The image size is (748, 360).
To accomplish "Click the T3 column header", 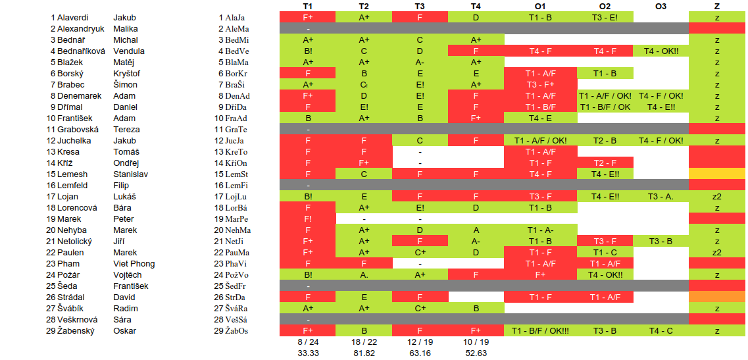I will [x=420, y=6].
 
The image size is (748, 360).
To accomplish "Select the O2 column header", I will [x=605, y=6].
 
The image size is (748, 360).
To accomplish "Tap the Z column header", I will [x=716, y=6].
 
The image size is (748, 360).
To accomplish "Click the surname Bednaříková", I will [x=82, y=51].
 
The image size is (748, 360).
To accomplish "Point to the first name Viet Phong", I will [x=134, y=264].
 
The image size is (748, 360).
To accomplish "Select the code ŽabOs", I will [x=236, y=331].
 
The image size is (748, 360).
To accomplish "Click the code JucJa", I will [x=235, y=141].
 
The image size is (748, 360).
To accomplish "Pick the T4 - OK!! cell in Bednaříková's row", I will [x=661, y=51].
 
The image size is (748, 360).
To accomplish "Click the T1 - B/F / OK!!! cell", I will [x=540, y=331].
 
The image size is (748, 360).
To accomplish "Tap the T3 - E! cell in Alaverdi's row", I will [x=605, y=18].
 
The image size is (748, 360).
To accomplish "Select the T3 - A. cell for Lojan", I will [x=661, y=197].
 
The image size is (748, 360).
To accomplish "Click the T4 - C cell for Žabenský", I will [x=661, y=331].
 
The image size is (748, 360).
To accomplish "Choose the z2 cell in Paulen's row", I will [x=716, y=253].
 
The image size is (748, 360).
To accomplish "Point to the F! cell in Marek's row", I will [x=307, y=219].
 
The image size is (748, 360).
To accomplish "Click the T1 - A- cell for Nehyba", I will [x=540, y=230].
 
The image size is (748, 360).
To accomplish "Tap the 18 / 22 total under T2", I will [x=363, y=342].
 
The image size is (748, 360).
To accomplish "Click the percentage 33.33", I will [x=307, y=353].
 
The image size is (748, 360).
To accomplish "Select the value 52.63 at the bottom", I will [x=476, y=353].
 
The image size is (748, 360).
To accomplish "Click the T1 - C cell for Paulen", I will [x=605, y=253].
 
